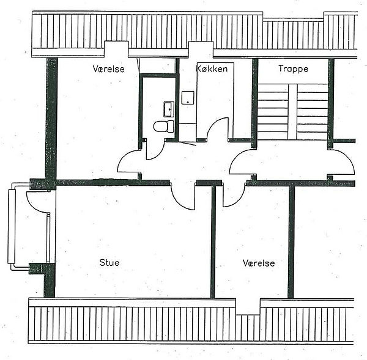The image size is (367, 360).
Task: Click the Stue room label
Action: click(109, 263)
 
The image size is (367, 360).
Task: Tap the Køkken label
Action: click(212, 68)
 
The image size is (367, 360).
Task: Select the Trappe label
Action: click(293, 69)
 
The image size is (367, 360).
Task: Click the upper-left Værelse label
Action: click(109, 69)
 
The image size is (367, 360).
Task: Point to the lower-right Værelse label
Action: click(259, 263)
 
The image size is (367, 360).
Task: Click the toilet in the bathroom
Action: click(163, 127)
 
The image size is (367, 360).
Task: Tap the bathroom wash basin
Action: click(169, 109)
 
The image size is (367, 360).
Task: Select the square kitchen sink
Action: click(188, 98)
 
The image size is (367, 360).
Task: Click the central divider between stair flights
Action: click(292, 112)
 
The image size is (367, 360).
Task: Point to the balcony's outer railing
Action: click(11, 226)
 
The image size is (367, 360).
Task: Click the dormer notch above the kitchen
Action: click(201, 50)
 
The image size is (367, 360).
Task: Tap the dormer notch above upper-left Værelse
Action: click(116, 49)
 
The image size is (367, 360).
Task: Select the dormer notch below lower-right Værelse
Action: click(248, 306)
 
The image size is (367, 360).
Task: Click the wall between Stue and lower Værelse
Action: click(213, 241)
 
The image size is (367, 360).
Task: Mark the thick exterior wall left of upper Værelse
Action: click(51, 119)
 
